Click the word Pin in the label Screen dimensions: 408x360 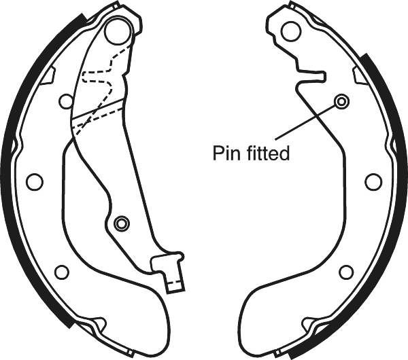223,153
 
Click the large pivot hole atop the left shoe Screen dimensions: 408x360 118,31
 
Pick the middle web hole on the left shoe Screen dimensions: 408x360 35,181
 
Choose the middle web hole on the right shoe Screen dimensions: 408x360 373,182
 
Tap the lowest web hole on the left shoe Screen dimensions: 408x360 62,272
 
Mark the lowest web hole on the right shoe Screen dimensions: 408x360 346,272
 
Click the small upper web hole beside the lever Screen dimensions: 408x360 67,101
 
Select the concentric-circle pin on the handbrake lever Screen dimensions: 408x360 122,223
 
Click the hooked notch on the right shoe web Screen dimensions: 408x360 311,77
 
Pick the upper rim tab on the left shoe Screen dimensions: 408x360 48,75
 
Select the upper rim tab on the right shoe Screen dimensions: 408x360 360,75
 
